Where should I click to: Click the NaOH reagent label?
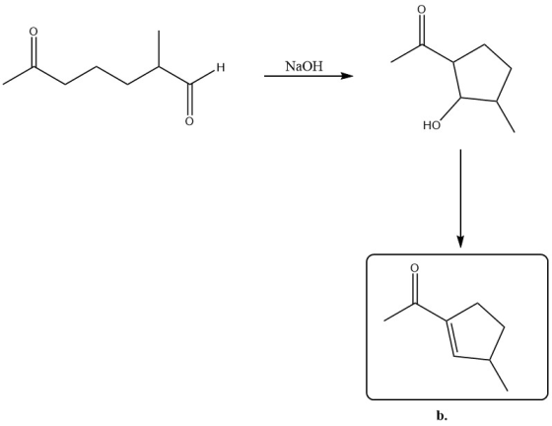[304, 66]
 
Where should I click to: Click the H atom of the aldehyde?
[221, 67]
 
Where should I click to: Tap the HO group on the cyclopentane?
[432, 125]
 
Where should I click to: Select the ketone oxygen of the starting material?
[34, 32]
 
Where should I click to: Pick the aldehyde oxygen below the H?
[189, 121]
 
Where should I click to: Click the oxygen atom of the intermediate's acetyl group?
[421, 10]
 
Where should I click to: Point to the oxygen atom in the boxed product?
[415, 268]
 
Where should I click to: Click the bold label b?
[442, 416]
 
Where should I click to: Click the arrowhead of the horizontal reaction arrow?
[347, 76]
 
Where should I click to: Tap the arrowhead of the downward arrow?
[460, 242]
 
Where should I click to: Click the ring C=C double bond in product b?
[450, 338]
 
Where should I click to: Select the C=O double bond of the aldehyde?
[189, 100]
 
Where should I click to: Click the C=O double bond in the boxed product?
[415, 288]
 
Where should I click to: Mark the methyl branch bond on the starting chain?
[159, 48]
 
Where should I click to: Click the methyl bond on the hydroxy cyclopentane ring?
[506, 117]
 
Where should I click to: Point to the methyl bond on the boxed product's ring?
[499, 375]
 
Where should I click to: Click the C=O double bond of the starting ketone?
[34, 51]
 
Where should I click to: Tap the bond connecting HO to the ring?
[450, 108]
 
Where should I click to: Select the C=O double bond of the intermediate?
[421, 30]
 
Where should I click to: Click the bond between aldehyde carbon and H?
[202, 77]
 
